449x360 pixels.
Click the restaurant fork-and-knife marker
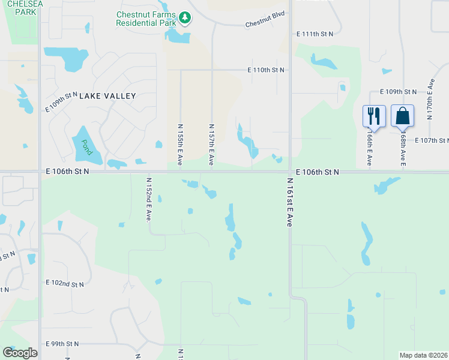(373, 115)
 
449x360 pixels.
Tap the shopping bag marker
(402, 115)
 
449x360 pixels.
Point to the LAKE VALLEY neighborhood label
(108, 95)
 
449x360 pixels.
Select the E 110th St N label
(265, 70)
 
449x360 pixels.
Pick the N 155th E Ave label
(180, 145)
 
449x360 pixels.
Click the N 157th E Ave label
(211, 145)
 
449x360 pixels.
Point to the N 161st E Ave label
(289, 202)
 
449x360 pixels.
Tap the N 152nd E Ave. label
(148, 199)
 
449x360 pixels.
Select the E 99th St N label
(62, 344)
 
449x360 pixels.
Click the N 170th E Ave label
(430, 98)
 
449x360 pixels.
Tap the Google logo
(20, 353)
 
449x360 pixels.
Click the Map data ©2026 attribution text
(423, 355)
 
